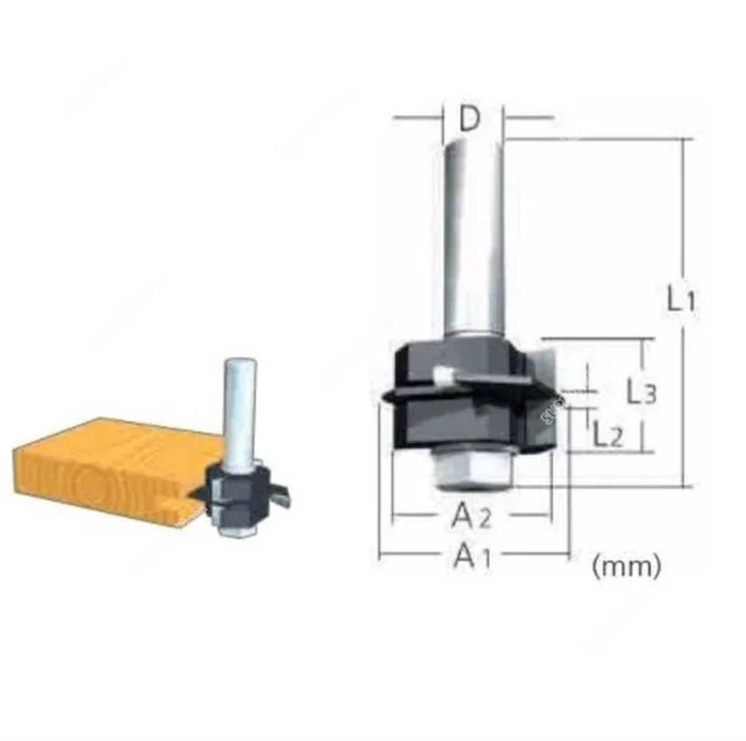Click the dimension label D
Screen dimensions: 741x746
coord(471,119)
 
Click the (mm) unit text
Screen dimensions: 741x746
coord(626,566)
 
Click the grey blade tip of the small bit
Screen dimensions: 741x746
coord(282,495)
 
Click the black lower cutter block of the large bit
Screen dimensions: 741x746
coord(460,423)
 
